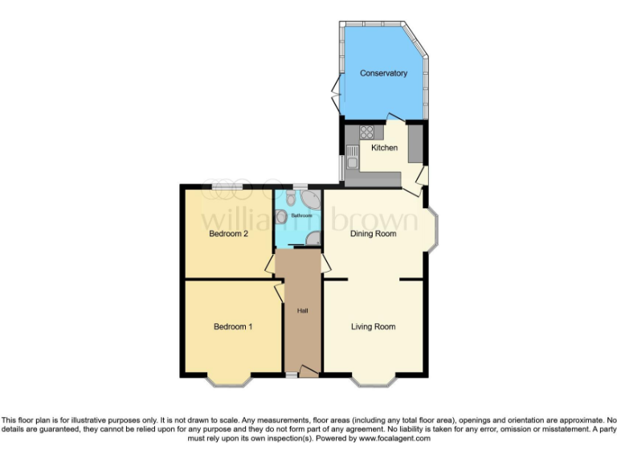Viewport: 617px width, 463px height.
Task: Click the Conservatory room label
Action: coord(383,73)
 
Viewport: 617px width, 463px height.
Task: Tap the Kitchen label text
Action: coord(384,148)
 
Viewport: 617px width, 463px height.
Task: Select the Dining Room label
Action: coord(374,234)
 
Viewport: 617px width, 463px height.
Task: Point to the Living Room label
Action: coord(374,326)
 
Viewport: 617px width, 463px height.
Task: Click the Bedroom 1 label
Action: coord(233,326)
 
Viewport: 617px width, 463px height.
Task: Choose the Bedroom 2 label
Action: coord(228,234)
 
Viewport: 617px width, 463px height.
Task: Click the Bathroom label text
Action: coord(301,216)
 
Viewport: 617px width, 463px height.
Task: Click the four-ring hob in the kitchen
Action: coord(367,133)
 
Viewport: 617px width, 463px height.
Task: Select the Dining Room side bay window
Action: coord(433,231)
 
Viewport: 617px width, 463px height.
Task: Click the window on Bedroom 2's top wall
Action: coord(229,186)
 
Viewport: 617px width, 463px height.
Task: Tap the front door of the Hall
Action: coord(307,371)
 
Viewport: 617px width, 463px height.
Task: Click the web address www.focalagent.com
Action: coord(394,439)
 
